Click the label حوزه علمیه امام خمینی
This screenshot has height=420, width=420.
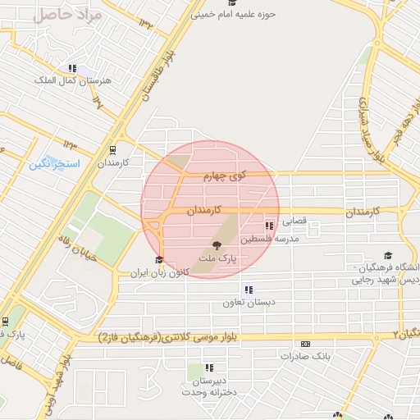pyautogui.click(x=234, y=14)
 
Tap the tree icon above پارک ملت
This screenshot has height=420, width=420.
pyautogui.click(x=217, y=245)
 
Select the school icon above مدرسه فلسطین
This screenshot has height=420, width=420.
pyautogui.click(x=269, y=226)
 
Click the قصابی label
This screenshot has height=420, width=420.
pyautogui.click(x=293, y=221)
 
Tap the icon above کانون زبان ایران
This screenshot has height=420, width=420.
pyautogui.click(x=158, y=260)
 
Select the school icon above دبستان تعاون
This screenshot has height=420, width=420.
pyautogui.click(x=248, y=290)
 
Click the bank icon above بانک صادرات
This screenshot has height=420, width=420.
pyautogui.click(x=305, y=344)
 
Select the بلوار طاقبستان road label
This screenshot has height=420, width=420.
pyautogui.click(x=162, y=72)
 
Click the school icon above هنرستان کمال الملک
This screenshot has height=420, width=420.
pyautogui.click(x=72, y=68)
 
